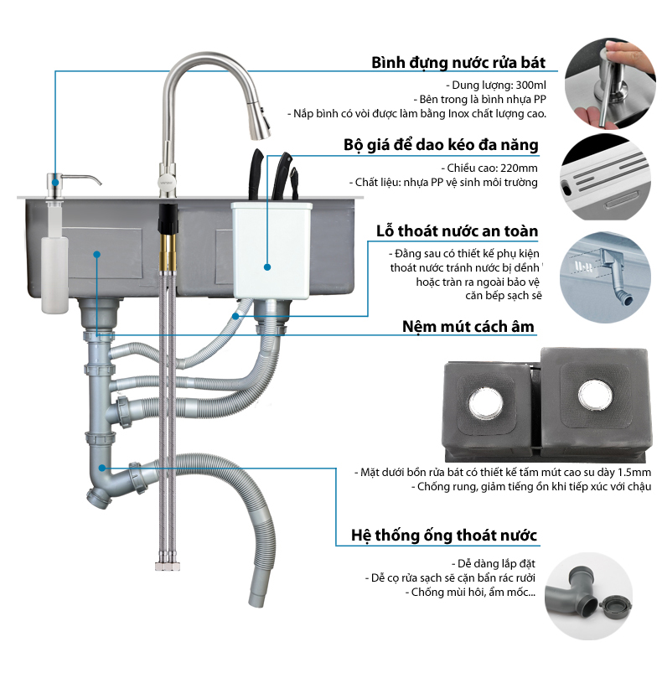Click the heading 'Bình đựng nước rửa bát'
(x=458, y=64)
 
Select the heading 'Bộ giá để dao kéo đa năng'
(x=452, y=145)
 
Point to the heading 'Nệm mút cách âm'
(x=468, y=326)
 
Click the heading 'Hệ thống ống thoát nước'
(x=444, y=535)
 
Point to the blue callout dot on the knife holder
(x=267, y=267)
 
